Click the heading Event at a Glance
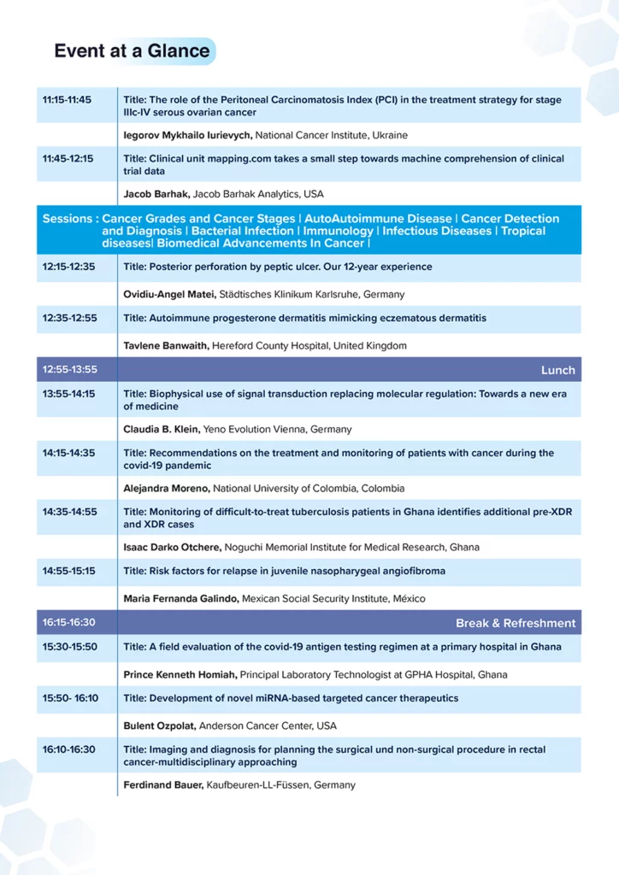[x=132, y=51]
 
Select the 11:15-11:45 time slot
[x=67, y=100]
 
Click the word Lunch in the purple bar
[x=557, y=370]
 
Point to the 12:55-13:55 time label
[x=70, y=370]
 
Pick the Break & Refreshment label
[x=516, y=623]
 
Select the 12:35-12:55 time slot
[x=70, y=318]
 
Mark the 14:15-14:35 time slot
[x=70, y=453]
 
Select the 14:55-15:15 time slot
[x=70, y=571]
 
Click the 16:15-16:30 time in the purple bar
[x=69, y=623]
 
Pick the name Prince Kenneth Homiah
[x=180, y=674]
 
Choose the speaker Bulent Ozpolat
[x=160, y=725]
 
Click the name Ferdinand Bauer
[x=162, y=784]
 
